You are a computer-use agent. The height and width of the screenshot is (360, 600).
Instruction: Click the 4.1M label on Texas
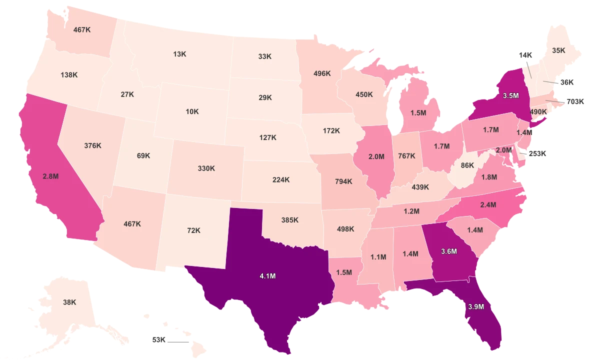pyautogui.click(x=268, y=276)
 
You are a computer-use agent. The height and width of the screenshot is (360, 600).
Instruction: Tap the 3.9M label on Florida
pyautogui.click(x=475, y=307)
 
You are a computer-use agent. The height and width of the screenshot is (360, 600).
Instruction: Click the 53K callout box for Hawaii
pyautogui.click(x=158, y=340)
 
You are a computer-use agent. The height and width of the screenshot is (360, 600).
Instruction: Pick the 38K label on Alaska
pyautogui.click(x=69, y=302)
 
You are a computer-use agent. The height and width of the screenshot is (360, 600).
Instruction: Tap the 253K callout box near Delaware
pyautogui.click(x=537, y=153)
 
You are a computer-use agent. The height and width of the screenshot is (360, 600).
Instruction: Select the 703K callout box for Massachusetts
pyautogui.click(x=575, y=101)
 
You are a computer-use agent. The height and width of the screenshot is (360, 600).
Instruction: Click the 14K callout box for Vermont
pyautogui.click(x=525, y=55)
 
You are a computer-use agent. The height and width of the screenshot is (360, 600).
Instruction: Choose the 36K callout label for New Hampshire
pyautogui.click(x=567, y=82)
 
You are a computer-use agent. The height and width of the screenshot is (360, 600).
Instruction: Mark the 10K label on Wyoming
pyautogui.click(x=192, y=111)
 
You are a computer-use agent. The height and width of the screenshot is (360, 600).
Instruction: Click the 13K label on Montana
pyautogui.click(x=180, y=53)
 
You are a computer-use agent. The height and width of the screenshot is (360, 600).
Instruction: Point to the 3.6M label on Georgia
pyautogui.click(x=448, y=251)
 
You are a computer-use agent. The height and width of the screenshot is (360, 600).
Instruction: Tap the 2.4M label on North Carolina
pyautogui.click(x=488, y=204)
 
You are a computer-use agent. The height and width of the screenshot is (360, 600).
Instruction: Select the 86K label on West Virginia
pyautogui.click(x=467, y=165)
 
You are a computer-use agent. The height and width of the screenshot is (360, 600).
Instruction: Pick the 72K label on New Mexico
pyautogui.click(x=193, y=230)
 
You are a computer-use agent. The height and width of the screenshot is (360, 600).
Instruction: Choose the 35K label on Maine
pyautogui.click(x=558, y=50)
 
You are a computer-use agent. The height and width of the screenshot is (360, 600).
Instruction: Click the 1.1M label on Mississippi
pyautogui.click(x=378, y=257)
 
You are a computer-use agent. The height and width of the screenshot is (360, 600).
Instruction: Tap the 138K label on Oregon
pyautogui.click(x=69, y=75)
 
